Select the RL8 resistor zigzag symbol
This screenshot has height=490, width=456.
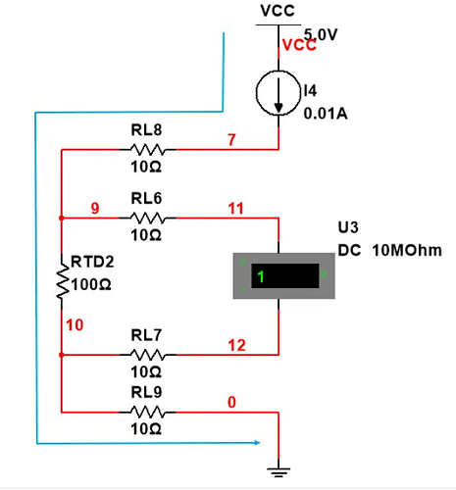point(147,150)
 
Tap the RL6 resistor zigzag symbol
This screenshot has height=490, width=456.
point(147,218)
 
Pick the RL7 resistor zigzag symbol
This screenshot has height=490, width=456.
point(147,355)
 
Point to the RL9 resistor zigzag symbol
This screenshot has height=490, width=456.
point(147,412)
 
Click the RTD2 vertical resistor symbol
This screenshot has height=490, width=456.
point(62,281)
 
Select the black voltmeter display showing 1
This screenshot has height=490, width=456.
point(285,276)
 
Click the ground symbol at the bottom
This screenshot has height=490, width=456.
point(279,472)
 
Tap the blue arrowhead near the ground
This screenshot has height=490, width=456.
point(256,443)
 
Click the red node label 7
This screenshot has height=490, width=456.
point(231,140)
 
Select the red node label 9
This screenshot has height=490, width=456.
point(95,208)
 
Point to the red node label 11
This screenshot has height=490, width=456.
point(235,209)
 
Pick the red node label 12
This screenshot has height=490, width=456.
point(236,345)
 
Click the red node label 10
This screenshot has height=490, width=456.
point(75,325)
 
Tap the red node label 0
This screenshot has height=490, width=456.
point(231,402)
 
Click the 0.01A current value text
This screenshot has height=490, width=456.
point(326,114)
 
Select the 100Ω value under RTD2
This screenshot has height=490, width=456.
point(91,284)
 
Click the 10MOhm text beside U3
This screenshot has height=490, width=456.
point(407,250)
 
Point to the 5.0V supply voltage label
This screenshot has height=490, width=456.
point(321,34)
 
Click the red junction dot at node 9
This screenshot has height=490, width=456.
point(62,218)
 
